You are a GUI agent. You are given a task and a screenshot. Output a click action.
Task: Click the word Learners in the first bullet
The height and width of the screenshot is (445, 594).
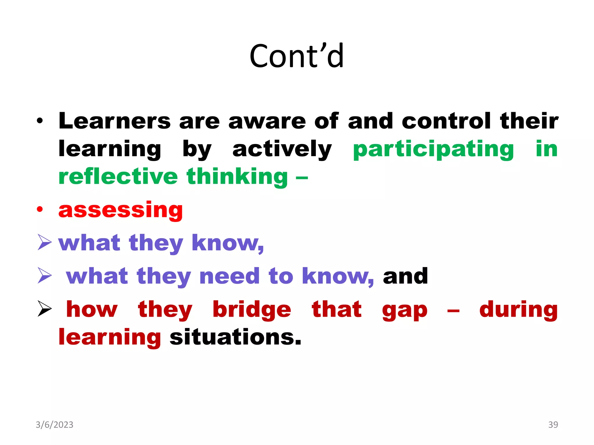[x=115, y=121]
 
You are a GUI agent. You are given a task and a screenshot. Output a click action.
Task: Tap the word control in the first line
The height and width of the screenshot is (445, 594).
[x=446, y=121]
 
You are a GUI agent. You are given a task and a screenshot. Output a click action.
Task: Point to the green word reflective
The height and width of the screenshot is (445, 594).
[x=118, y=176]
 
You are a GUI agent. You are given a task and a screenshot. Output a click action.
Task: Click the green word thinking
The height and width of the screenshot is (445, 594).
[x=237, y=177]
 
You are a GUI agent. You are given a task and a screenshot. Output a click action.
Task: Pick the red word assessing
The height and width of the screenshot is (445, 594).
[x=120, y=210]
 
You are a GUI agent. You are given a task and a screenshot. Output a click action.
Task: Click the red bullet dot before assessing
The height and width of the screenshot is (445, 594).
[x=40, y=209]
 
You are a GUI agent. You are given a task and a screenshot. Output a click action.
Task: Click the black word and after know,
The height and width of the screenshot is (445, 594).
[x=405, y=276]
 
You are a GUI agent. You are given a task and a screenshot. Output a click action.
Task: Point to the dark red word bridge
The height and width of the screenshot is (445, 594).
[x=252, y=310]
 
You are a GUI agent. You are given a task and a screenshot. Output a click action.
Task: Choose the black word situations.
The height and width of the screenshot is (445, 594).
[x=235, y=337]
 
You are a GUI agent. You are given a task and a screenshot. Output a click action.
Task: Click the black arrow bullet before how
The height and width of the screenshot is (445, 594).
[x=45, y=309]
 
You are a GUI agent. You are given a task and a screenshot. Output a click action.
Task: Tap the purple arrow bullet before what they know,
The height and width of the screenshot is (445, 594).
[x=45, y=242]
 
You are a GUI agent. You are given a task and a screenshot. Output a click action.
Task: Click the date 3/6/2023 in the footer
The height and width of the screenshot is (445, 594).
[x=55, y=425]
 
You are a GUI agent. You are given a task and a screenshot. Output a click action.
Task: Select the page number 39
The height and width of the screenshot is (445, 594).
[x=553, y=425]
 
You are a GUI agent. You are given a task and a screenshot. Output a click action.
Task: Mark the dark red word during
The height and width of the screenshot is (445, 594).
[x=518, y=310]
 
